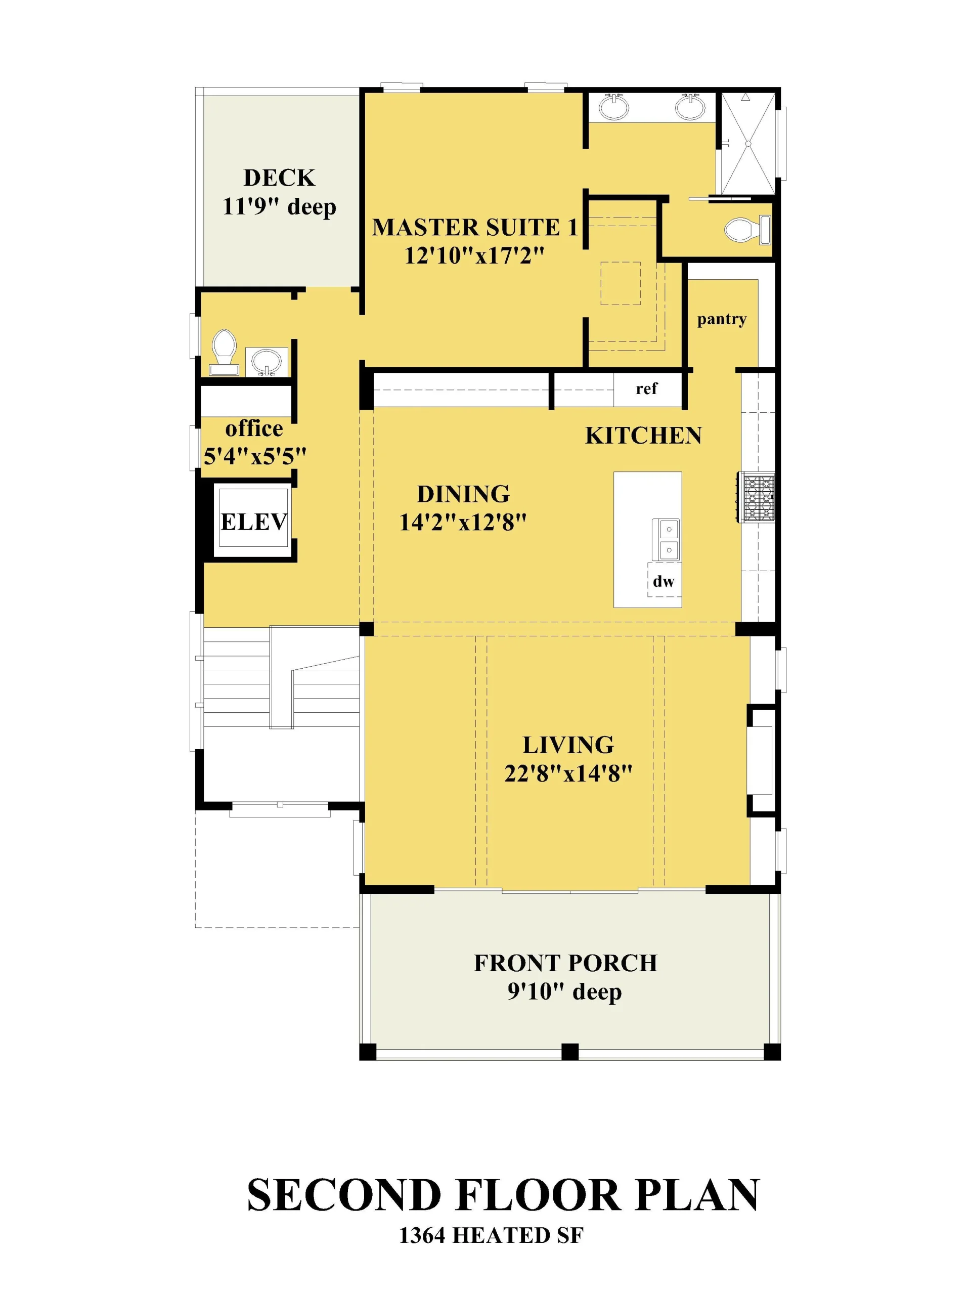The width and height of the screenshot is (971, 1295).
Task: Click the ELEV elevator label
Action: point(253,521)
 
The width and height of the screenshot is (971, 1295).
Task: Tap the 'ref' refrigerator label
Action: point(646,388)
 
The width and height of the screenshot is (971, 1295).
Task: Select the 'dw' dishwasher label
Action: point(663,581)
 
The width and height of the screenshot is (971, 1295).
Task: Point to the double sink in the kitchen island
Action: point(666,539)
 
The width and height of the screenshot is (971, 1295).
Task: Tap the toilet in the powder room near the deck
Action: point(224,352)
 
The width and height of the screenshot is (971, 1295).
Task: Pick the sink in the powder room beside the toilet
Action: point(267,361)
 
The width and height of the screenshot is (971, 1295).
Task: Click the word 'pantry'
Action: point(722,320)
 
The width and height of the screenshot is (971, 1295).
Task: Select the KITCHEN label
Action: point(643,436)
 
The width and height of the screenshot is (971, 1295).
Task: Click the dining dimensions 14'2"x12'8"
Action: point(463,522)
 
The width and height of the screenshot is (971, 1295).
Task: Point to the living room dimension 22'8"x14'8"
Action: point(568,773)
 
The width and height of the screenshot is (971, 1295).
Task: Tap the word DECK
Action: point(279,178)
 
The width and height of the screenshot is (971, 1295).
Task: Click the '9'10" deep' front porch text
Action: point(564,992)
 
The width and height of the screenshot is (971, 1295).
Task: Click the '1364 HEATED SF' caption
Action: point(491,1235)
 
